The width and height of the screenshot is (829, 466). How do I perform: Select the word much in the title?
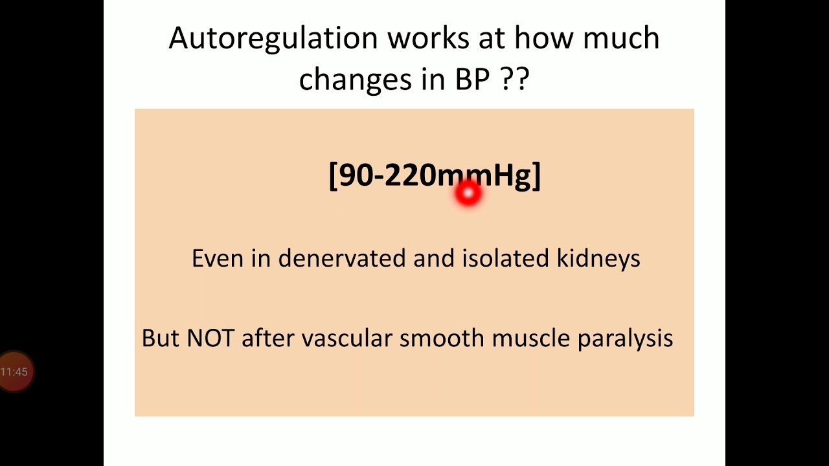pos(621,39)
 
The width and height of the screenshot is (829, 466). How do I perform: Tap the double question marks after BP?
pos(515,79)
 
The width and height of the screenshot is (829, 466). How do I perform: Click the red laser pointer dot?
pos(468,193)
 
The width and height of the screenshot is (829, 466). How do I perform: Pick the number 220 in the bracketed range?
pos(410,175)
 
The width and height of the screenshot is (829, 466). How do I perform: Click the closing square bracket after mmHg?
pos(536,176)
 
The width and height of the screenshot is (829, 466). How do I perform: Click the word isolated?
pos(506,258)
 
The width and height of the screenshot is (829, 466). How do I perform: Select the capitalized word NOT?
pos(210,338)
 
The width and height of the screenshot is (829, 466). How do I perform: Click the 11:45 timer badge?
pos(15,372)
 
